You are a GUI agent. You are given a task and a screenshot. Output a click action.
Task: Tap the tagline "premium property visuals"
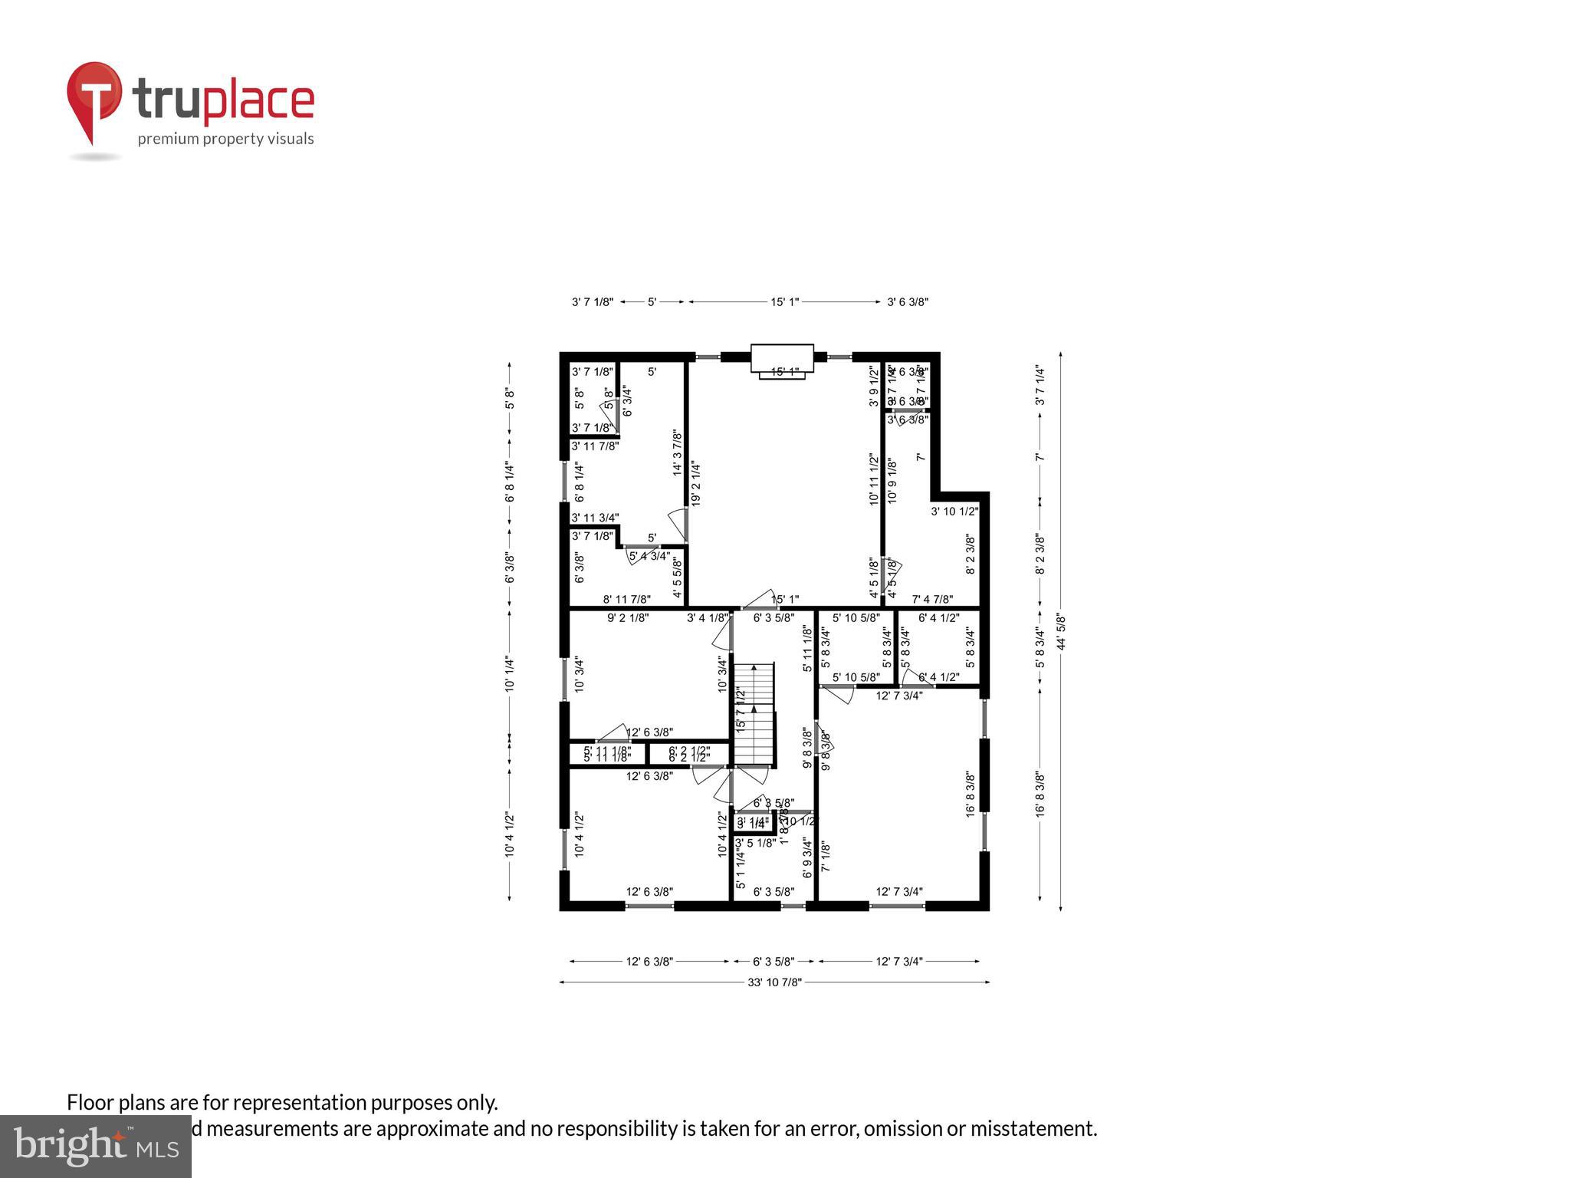[x=225, y=139]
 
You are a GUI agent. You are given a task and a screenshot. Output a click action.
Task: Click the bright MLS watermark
[x=96, y=1146]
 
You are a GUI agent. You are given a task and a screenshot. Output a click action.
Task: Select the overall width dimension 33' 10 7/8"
[x=774, y=982]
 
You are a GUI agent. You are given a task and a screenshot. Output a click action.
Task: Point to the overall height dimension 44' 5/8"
[x=1061, y=630]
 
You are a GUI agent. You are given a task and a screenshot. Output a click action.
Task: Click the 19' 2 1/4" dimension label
[x=695, y=483]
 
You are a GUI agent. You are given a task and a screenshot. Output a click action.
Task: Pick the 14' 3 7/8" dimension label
[x=678, y=452]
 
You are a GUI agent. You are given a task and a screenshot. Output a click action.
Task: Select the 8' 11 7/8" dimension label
[x=626, y=600]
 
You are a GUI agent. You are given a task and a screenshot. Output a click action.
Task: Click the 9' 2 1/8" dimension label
[x=628, y=617]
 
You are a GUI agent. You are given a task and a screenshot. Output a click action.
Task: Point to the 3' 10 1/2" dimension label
[x=954, y=512]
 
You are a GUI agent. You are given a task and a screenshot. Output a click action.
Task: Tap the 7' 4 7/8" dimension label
[x=932, y=600]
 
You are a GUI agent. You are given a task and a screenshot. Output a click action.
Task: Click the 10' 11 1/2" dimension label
[x=873, y=479]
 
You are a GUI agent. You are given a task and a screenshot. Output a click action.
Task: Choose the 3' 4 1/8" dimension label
[x=707, y=617]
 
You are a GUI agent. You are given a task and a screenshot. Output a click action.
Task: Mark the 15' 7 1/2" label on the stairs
[x=741, y=710]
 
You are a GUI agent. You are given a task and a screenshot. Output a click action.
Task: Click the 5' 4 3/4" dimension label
[x=649, y=556]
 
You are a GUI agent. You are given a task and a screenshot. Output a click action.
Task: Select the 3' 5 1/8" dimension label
[x=755, y=843]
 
